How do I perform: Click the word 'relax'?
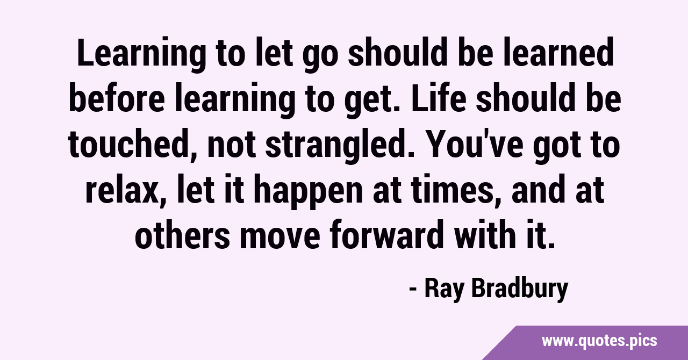coord(125,190)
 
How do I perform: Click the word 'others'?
coord(182,234)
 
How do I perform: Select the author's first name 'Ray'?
coord(443,290)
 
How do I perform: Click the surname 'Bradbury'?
coord(520,290)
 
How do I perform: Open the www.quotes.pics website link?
coord(599,342)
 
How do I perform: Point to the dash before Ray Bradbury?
coord(413,290)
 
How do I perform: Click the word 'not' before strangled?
coord(232,145)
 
